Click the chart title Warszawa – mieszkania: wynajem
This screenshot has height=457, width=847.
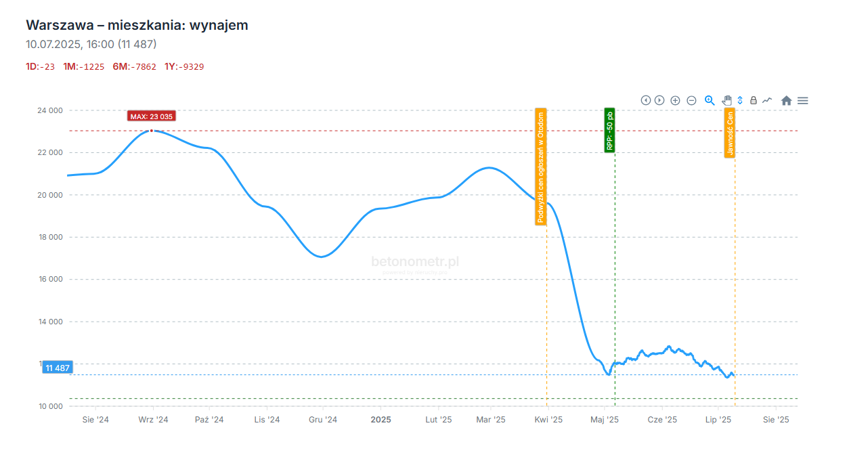click(x=137, y=25)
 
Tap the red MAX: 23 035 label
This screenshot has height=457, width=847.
click(x=152, y=116)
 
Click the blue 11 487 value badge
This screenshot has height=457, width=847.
click(x=58, y=368)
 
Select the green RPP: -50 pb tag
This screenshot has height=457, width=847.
click(x=609, y=130)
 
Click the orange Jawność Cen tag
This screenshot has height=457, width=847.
click(x=729, y=133)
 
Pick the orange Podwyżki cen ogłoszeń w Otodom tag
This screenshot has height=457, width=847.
click(x=540, y=167)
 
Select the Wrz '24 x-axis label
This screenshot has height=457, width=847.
click(x=153, y=420)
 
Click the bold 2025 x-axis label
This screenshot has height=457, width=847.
click(x=381, y=420)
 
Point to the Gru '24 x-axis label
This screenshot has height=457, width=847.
click(x=323, y=420)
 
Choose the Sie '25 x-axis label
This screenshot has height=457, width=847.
click(x=776, y=420)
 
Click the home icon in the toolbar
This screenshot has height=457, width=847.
click(x=786, y=100)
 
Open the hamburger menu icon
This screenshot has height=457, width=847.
click(x=803, y=100)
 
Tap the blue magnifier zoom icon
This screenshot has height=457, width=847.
click(x=710, y=100)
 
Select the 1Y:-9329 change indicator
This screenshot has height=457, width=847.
click(x=184, y=66)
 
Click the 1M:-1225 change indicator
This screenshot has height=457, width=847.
click(x=84, y=66)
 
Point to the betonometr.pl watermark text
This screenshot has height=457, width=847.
click(x=415, y=261)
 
